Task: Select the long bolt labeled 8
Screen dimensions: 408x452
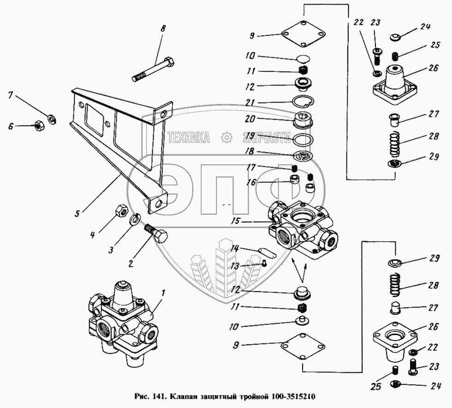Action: pyautogui.click(x=153, y=69)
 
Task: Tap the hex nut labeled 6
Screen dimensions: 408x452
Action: pyautogui.click(x=39, y=125)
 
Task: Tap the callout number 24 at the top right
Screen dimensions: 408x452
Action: pyautogui.click(x=425, y=27)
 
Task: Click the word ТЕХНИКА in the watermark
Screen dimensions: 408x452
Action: pyautogui.click(x=189, y=137)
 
